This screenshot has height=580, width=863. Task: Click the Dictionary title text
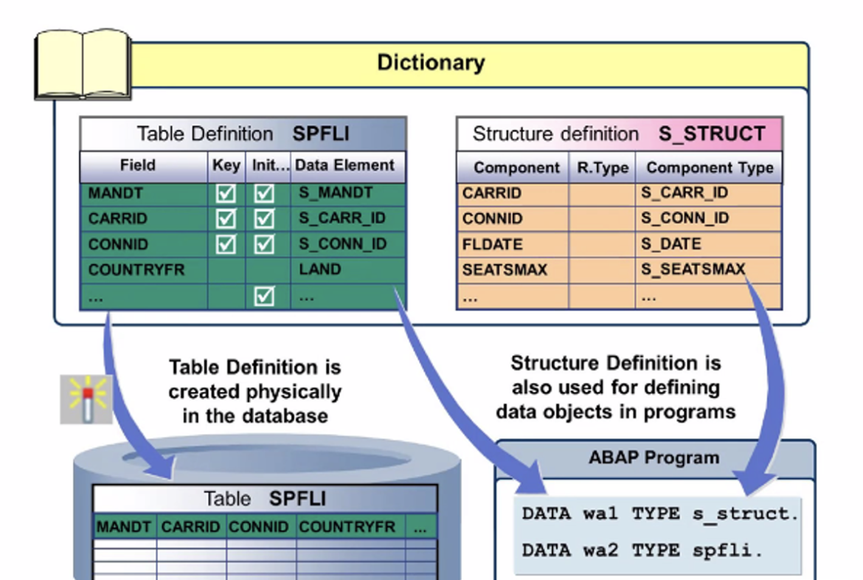point(431,63)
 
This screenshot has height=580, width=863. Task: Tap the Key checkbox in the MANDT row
point(226,194)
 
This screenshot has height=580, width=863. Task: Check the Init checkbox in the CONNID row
point(264,244)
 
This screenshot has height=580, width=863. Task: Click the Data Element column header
point(344,165)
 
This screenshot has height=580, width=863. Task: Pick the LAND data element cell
point(320,270)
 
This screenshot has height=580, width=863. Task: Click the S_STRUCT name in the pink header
point(712,134)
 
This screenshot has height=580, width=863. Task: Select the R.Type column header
point(602,168)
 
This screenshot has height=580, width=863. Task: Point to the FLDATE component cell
point(493,244)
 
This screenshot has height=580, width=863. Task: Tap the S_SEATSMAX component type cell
point(693,269)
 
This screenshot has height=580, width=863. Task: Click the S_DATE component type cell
point(670,244)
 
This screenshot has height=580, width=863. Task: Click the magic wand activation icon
point(86,399)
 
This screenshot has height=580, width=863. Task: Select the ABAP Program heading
point(654,458)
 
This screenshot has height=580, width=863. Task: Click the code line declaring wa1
point(660,514)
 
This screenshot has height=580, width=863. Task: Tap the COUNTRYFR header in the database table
point(347,527)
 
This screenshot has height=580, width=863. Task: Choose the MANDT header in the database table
point(124,527)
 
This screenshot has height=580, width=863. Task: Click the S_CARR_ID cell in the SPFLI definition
point(342,219)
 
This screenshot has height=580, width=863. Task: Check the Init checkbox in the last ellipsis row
point(264,296)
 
